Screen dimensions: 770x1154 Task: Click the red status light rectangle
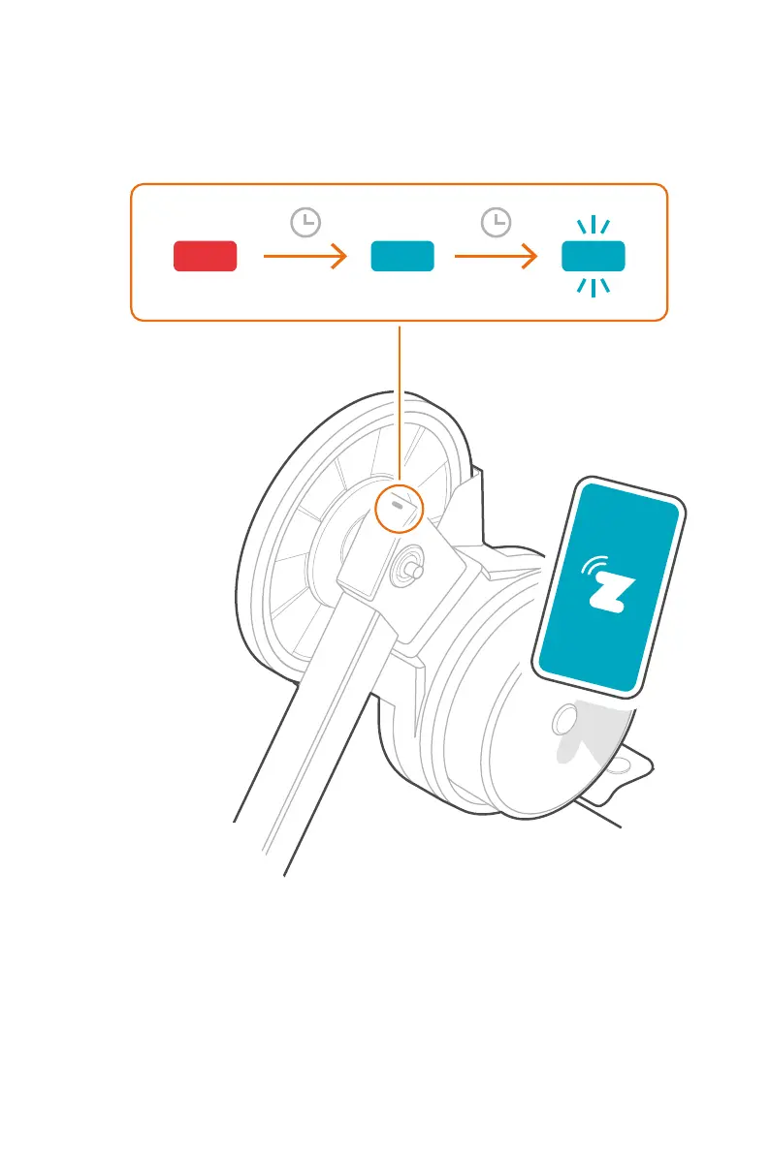206,256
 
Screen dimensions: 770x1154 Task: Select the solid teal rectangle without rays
402,256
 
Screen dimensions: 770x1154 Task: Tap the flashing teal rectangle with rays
594,256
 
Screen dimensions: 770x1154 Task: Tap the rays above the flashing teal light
594,227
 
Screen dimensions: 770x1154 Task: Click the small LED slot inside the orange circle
398,504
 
